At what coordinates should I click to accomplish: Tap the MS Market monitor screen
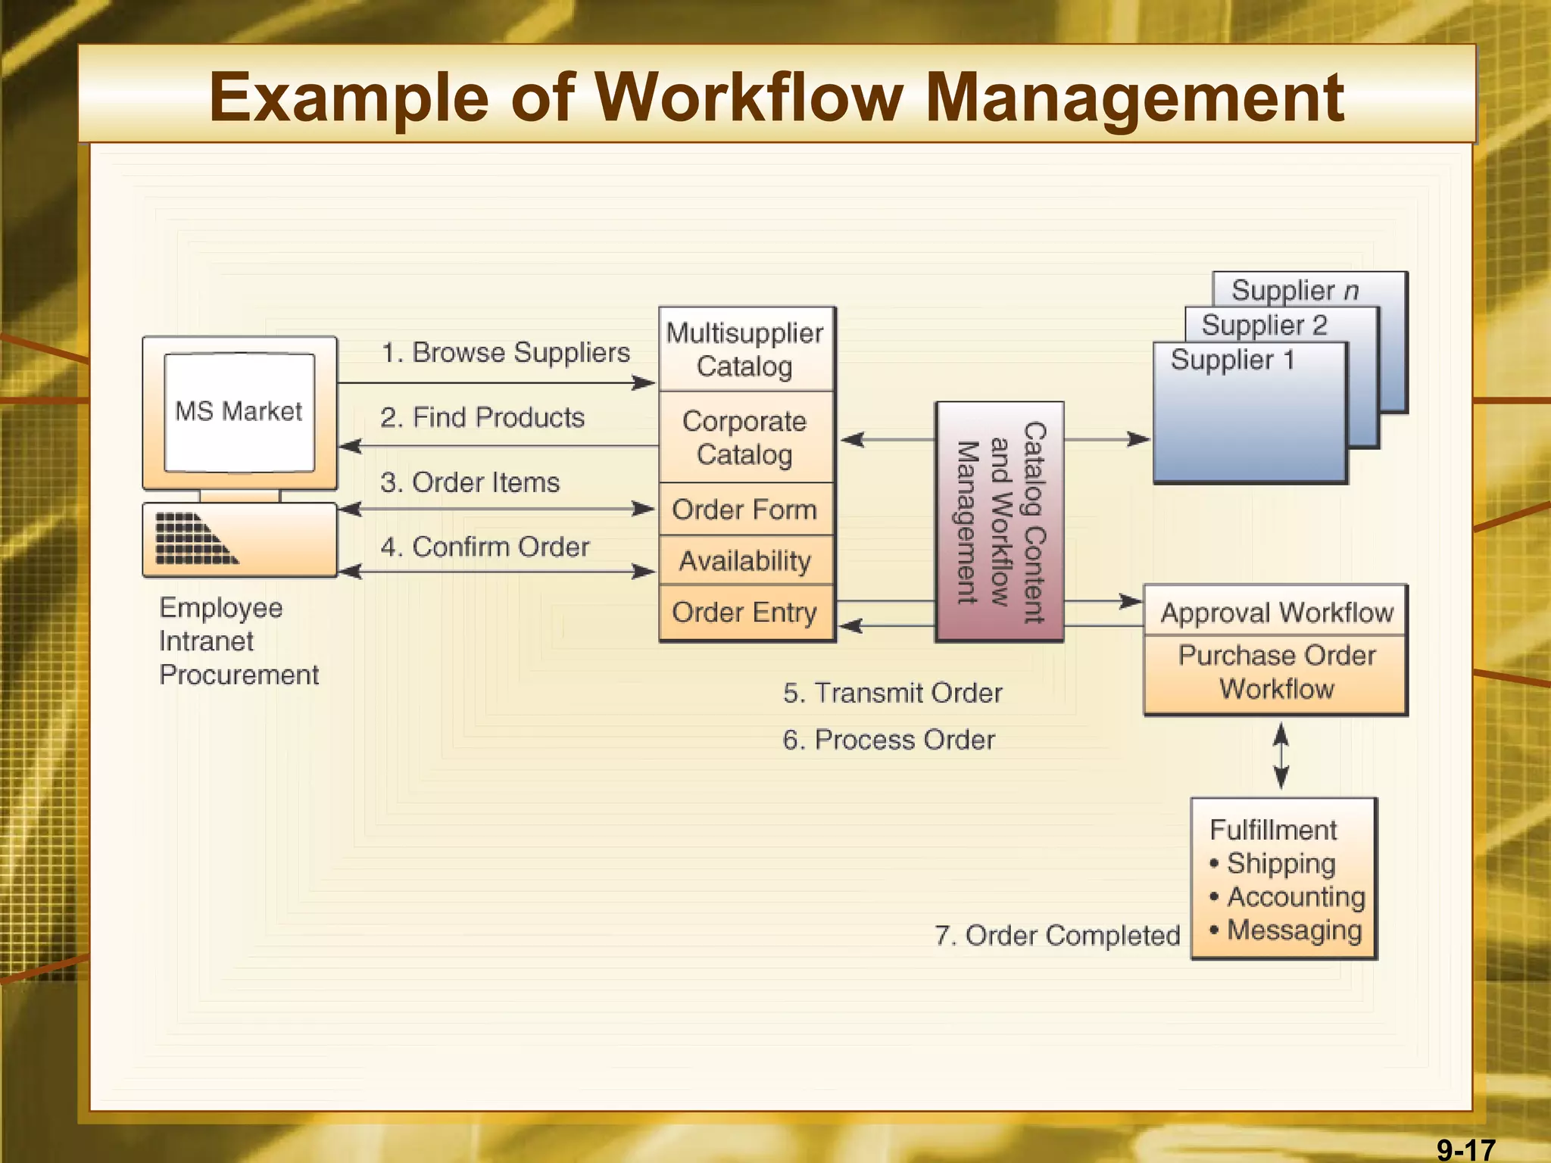point(239,412)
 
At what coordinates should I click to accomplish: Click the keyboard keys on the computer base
point(195,539)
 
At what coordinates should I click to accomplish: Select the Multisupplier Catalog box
point(745,349)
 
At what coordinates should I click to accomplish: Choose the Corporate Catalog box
point(745,438)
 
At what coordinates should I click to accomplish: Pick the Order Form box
point(745,510)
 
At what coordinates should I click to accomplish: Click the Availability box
point(745,561)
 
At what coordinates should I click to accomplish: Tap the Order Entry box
point(745,612)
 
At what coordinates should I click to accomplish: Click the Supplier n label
point(1295,290)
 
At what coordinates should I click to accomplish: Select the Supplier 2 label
point(1265,325)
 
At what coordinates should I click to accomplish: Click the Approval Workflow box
point(1277,612)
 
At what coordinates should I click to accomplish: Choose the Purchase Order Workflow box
point(1277,672)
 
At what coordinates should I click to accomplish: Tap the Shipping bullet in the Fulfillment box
point(1280,863)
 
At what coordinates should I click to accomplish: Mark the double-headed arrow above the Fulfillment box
point(1281,756)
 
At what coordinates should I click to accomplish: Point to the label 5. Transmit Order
point(892,693)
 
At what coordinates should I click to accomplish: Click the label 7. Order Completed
point(1057,936)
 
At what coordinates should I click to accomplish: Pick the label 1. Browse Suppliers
point(505,353)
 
